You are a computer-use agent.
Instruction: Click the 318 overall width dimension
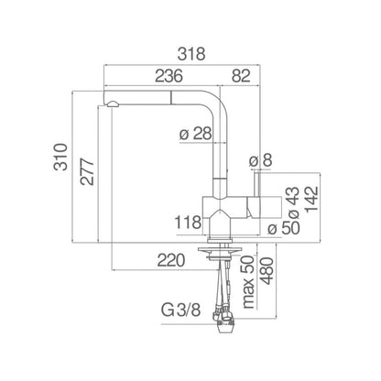[191, 54]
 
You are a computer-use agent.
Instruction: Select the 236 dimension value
[169, 76]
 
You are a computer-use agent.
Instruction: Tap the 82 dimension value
[241, 76]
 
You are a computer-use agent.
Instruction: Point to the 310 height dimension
[60, 157]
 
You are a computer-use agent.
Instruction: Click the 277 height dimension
[87, 171]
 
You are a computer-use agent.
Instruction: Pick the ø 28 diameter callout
[195, 134]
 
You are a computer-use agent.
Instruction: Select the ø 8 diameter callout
[260, 160]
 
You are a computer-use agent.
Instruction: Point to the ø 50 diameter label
[284, 228]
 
